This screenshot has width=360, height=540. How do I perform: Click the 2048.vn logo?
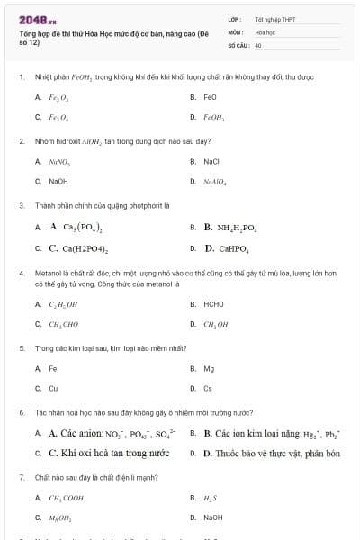37,17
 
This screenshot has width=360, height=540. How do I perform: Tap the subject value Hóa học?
265,31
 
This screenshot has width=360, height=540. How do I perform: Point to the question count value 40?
258,43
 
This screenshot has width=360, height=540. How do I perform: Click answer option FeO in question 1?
210,96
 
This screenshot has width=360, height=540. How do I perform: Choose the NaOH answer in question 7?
212,517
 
